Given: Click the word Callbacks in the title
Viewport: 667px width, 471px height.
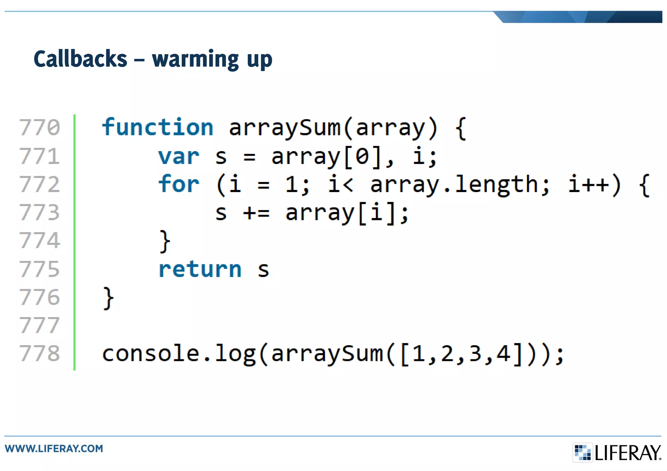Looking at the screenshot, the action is [80, 59].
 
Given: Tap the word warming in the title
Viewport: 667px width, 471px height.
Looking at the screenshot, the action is [195, 60].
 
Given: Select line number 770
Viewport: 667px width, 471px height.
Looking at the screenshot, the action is [40, 127].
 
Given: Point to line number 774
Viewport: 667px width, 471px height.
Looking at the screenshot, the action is [40, 241].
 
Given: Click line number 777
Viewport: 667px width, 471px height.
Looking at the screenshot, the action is [40, 325].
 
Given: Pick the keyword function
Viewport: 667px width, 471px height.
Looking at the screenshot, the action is [158, 127].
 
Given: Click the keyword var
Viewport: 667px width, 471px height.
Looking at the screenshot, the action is [178, 157].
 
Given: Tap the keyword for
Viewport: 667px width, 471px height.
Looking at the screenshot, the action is [178, 184].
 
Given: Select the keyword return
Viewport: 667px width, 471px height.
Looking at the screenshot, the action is [200, 269].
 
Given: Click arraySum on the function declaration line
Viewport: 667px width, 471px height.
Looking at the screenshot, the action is [284, 128].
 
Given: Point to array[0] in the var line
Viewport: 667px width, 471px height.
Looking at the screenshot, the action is [326, 157].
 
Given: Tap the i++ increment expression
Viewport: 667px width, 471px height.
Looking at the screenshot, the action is [589, 184].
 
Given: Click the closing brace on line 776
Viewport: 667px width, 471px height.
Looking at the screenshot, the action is [108, 298].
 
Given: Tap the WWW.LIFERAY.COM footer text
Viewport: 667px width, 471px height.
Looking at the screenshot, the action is [54, 449].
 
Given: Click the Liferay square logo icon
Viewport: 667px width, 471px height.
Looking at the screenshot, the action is [583, 452].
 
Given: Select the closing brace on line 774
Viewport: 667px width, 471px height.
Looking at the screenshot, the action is [165, 241].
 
